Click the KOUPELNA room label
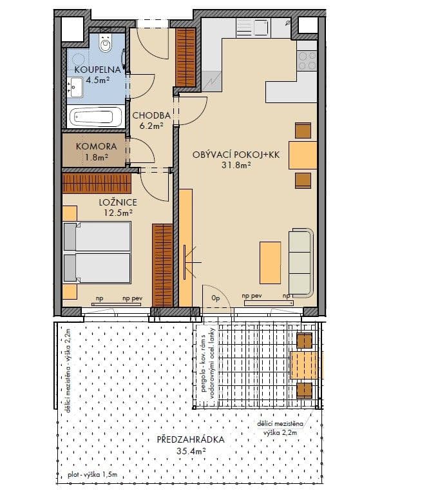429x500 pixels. click(x=95, y=70)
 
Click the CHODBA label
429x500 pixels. click(x=151, y=116)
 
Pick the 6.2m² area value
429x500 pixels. click(x=151, y=126)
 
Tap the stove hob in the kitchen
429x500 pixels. click(x=307, y=61)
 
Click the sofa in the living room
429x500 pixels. click(x=300, y=260)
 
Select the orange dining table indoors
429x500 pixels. click(x=303, y=155)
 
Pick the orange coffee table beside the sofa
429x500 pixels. click(x=270, y=262)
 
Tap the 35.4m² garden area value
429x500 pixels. click(x=191, y=452)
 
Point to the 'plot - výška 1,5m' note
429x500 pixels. click(x=91, y=477)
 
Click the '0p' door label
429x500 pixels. click(x=216, y=299)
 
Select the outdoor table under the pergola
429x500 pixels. click(x=303, y=364)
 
